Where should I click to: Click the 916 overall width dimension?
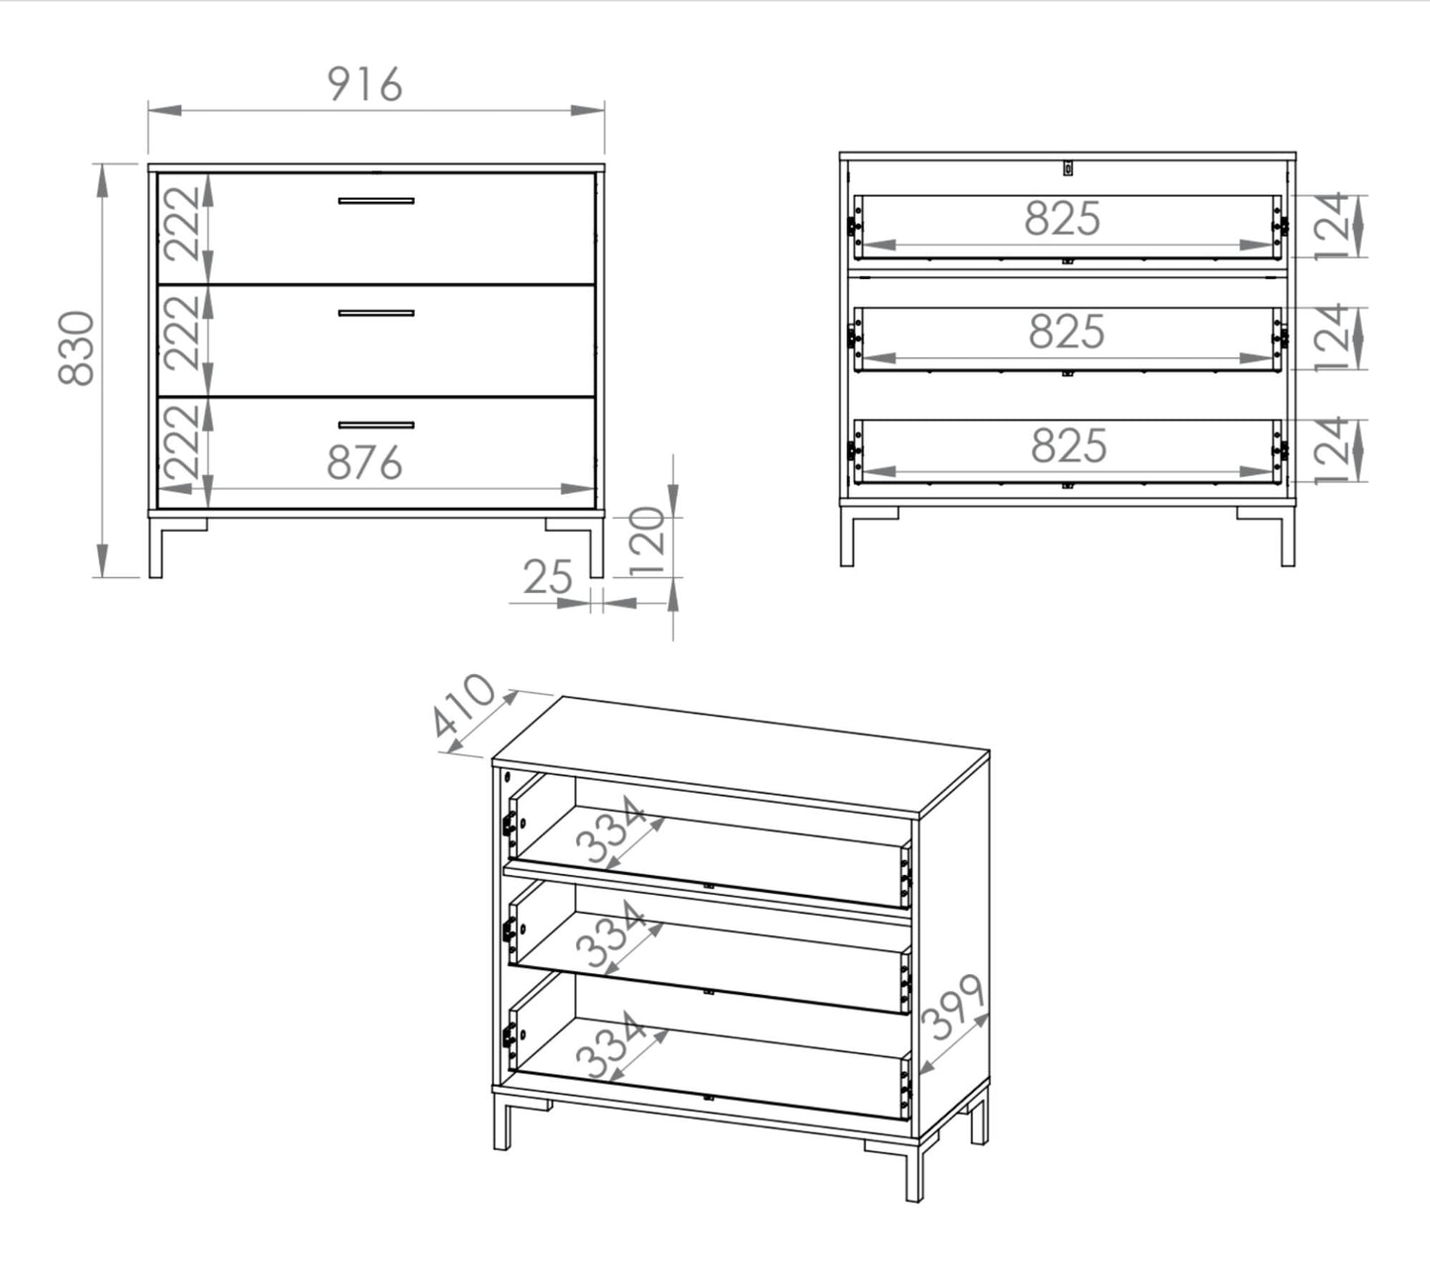click(365, 85)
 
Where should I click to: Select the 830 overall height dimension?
click(76, 348)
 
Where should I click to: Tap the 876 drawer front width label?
click(364, 463)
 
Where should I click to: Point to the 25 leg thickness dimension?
click(547, 577)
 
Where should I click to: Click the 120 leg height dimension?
click(646, 541)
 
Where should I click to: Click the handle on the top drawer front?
click(376, 201)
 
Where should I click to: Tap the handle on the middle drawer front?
click(376, 314)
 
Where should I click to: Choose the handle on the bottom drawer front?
click(376, 426)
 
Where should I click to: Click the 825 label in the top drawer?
click(1062, 218)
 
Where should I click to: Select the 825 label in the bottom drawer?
click(1069, 446)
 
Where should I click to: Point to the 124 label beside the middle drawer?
click(1332, 338)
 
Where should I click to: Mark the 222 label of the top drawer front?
click(182, 225)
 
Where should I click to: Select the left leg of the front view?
click(156, 547)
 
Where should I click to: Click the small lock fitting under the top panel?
click(1068, 168)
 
